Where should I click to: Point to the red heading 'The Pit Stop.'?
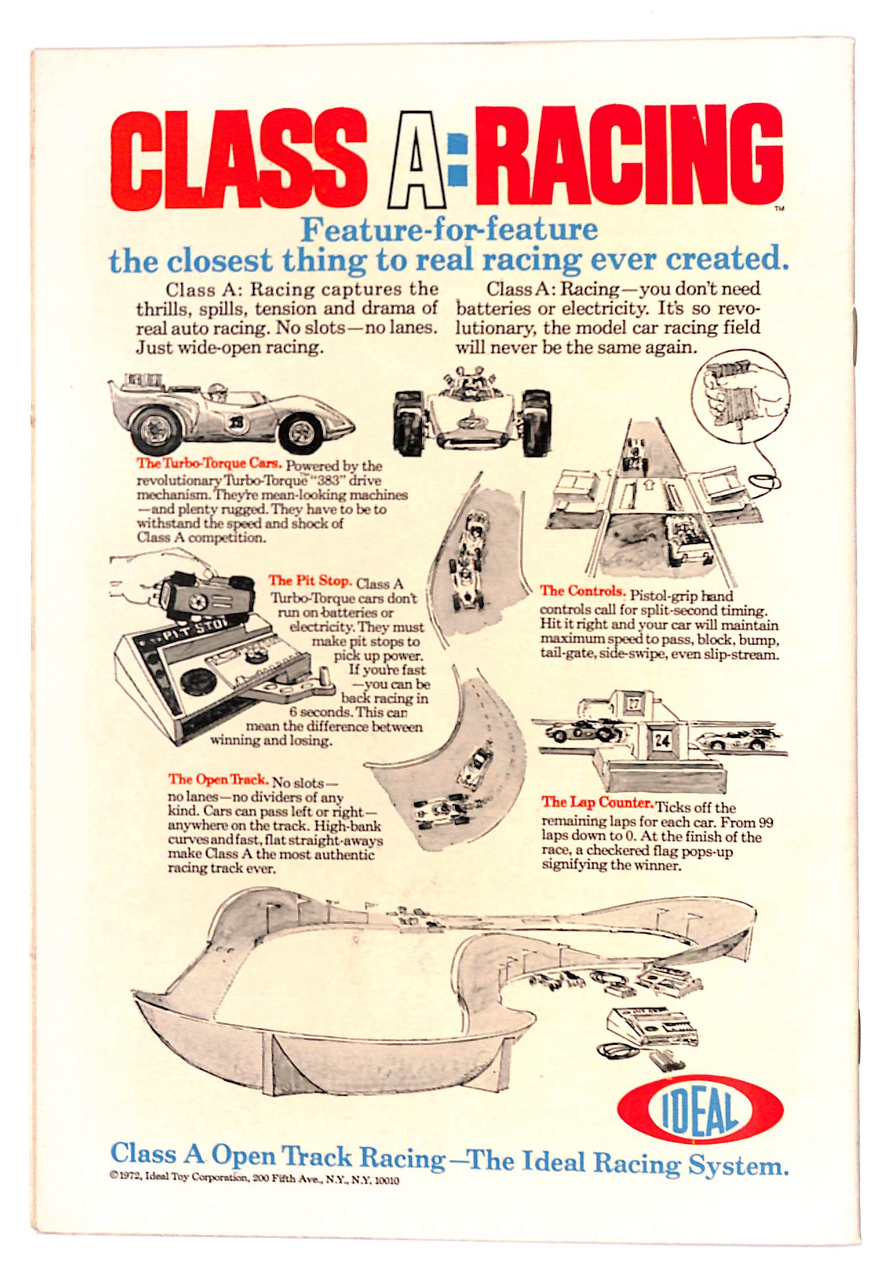pyautogui.click(x=310, y=580)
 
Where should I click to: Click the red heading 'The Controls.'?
pyautogui.click(x=583, y=591)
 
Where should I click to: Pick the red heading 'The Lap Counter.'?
pyautogui.click(x=597, y=803)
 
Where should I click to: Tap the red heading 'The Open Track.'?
pyautogui.click(x=218, y=780)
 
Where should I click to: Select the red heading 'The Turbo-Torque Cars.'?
pyautogui.click(x=209, y=463)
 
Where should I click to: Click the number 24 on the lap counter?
pyautogui.click(x=662, y=740)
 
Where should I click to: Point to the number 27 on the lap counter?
pyautogui.click(x=634, y=704)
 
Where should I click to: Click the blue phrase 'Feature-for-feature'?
pyautogui.click(x=450, y=230)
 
